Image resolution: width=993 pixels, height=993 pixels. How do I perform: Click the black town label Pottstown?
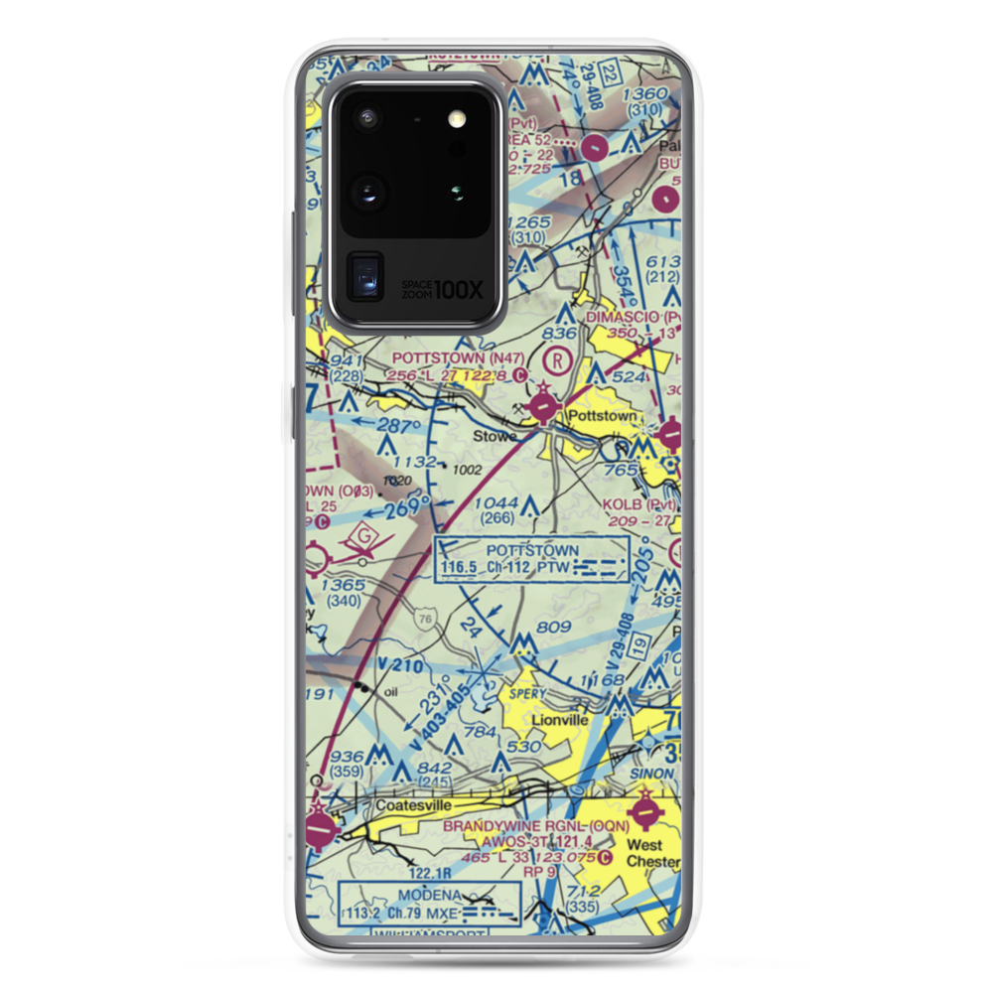[600, 415]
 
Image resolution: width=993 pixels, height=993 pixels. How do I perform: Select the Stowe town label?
[495, 436]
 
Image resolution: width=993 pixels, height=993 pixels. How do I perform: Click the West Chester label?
[644, 854]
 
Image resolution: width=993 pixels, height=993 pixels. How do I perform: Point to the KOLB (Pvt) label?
[638, 503]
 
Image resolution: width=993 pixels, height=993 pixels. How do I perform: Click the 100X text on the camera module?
[462, 290]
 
